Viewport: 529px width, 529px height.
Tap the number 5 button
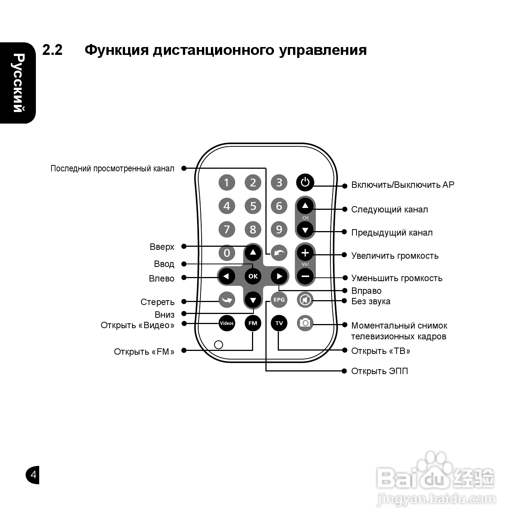click(x=253, y=206)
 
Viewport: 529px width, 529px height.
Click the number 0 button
click(x=227, y=253)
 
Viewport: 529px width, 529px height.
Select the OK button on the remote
click(x=253, y=276)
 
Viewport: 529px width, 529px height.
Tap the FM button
click(x=253, y=323)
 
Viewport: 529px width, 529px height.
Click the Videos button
click(x=227, y=323)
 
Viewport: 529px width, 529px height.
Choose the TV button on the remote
click(x=279, y=323)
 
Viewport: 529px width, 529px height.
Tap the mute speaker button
click(x=305, y=300)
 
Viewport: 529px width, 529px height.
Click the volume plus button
click(x=305, y=253)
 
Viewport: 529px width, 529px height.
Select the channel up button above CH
click(x=305, y=206)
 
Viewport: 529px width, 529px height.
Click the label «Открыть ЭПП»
click(x=379, y=371)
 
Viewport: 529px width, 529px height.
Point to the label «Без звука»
click(x=370, y=301)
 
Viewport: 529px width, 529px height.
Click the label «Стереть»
click(x=157, y=302)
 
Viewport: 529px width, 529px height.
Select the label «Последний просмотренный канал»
click(x=112, y=168)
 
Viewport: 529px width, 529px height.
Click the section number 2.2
click(x=52, y=50)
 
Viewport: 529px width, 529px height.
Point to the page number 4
click(x=33, y=475)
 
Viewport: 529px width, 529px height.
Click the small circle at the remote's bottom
click(x=219, y=344)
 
